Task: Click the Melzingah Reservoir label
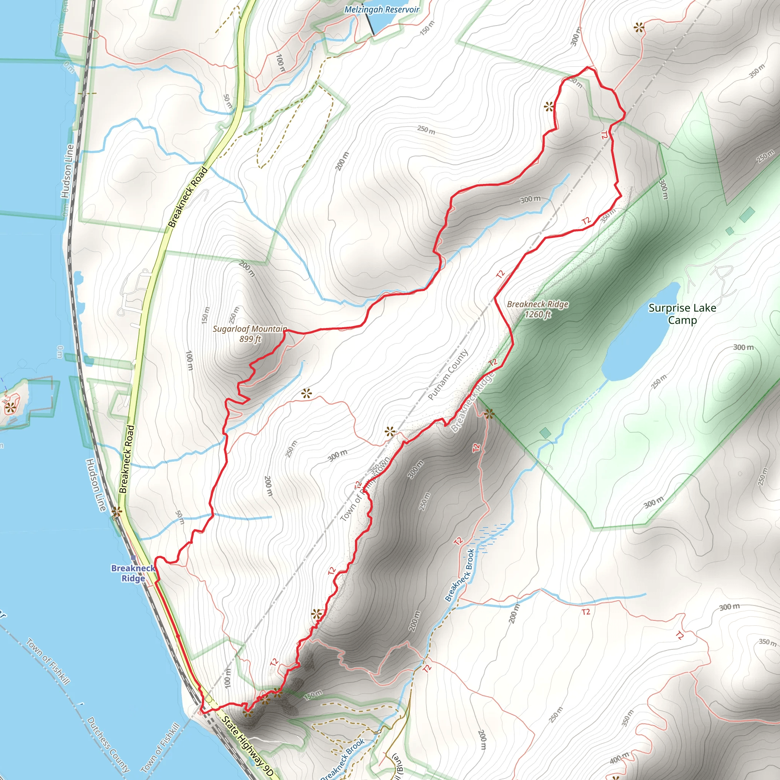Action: click(382, 9)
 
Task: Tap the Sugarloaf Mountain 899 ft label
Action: click(250, 334)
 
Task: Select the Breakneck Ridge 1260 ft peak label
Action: click(537, 309)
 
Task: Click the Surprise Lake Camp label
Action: click(682, 314)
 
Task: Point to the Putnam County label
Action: click(448, 374)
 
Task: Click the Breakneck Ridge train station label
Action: click(133, 573)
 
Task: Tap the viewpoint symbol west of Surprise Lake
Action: click(489, 413)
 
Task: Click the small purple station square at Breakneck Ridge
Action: click(133, 558)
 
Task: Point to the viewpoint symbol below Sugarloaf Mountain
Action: click(307, 393)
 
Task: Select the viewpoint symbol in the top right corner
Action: click(639, 27)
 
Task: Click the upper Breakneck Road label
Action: click(188, 197)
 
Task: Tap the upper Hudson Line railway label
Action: click(67, 171)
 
